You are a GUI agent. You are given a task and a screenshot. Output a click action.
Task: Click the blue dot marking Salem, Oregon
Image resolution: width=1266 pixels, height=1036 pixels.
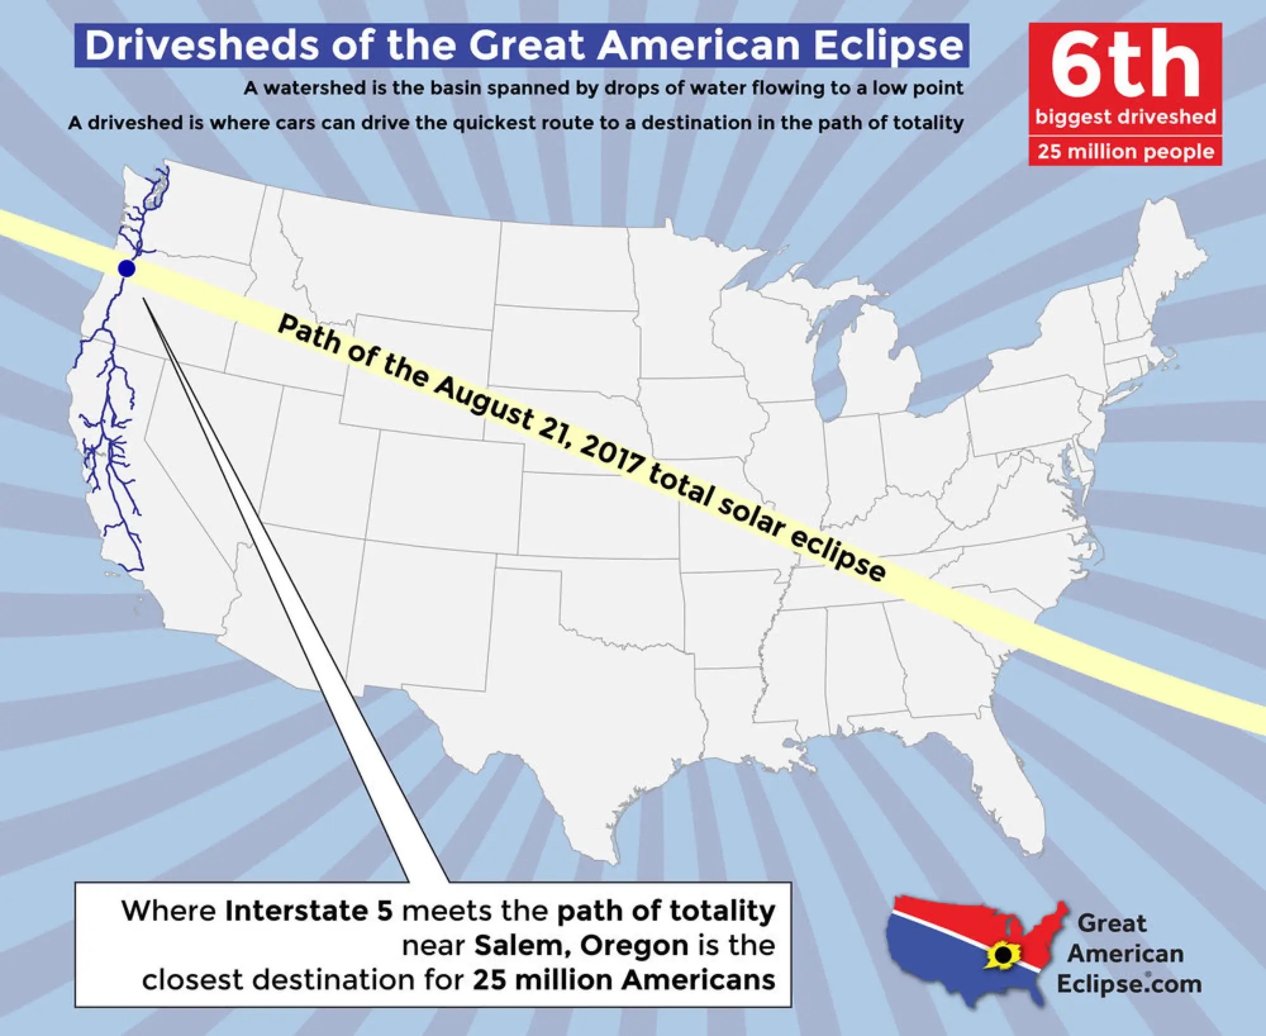point(127,268)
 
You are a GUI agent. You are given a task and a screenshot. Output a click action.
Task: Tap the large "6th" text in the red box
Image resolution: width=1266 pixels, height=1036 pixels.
point(1125,66)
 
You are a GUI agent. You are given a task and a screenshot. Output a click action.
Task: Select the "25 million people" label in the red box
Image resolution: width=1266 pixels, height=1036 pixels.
point(1125,152)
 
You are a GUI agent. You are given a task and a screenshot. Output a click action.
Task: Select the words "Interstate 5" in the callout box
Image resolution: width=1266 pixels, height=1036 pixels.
point(309,911)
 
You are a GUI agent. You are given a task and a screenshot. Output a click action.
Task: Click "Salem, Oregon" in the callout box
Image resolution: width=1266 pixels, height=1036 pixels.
point(581,945)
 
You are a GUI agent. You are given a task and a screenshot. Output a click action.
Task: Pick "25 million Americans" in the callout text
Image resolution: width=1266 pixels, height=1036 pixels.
point(624,980)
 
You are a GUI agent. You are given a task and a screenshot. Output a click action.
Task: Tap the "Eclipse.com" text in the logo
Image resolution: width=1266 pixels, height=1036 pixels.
point(1129,984)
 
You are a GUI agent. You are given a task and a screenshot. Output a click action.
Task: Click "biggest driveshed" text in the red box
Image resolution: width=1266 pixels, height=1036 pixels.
point(1125,117)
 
